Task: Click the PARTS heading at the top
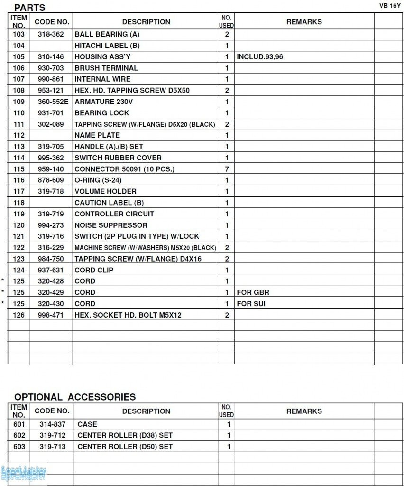point(29,8)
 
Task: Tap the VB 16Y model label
point(390,6)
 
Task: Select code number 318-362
point(51,34)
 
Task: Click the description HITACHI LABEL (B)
point(107,46)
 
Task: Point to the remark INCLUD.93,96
point(259,57)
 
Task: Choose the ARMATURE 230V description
point(104,102)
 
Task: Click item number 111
point(19,124)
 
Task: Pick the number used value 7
point(227,169)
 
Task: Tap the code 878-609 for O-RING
point(51,180)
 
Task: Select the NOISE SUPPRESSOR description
point(111,225)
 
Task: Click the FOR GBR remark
point(253,292)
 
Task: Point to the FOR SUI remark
point(251,304)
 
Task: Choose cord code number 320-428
point(51,281)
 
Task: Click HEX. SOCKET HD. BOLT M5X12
point(128,315)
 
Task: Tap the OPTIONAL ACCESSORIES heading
point(75,397)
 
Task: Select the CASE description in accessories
point(87,424)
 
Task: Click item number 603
point(19,447)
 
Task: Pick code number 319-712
point(52,435)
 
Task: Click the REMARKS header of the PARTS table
point(304,22)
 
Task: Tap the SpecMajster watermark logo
point(23,473)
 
